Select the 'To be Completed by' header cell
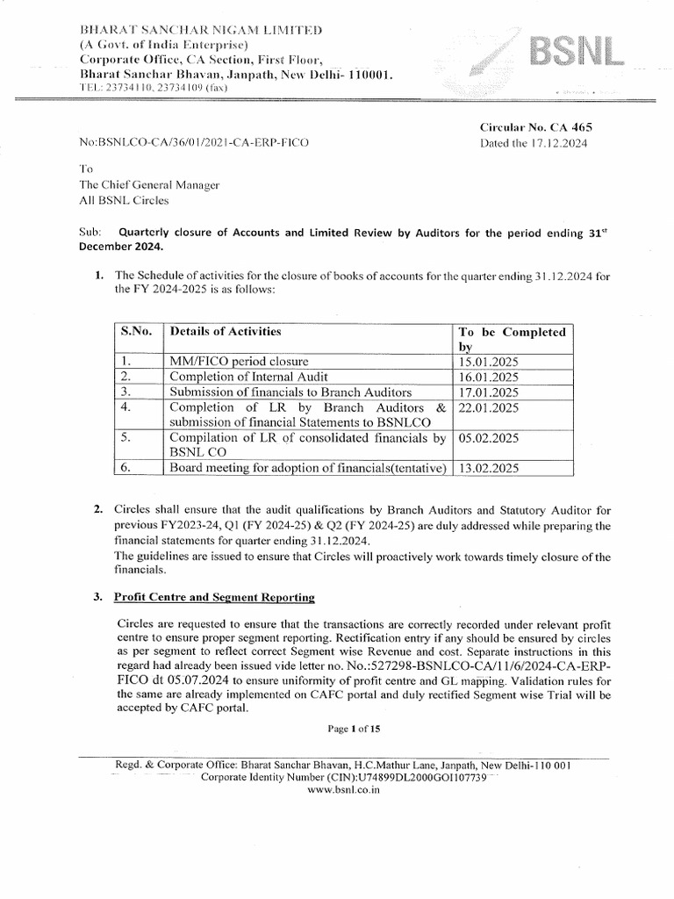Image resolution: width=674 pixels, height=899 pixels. click(513, 340)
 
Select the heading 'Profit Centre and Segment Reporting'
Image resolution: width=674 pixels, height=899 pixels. click(215, 597)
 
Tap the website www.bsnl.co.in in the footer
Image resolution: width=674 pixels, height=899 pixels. click(343, 789)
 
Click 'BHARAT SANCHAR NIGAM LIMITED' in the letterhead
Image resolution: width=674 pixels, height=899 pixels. click(201, 31)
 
